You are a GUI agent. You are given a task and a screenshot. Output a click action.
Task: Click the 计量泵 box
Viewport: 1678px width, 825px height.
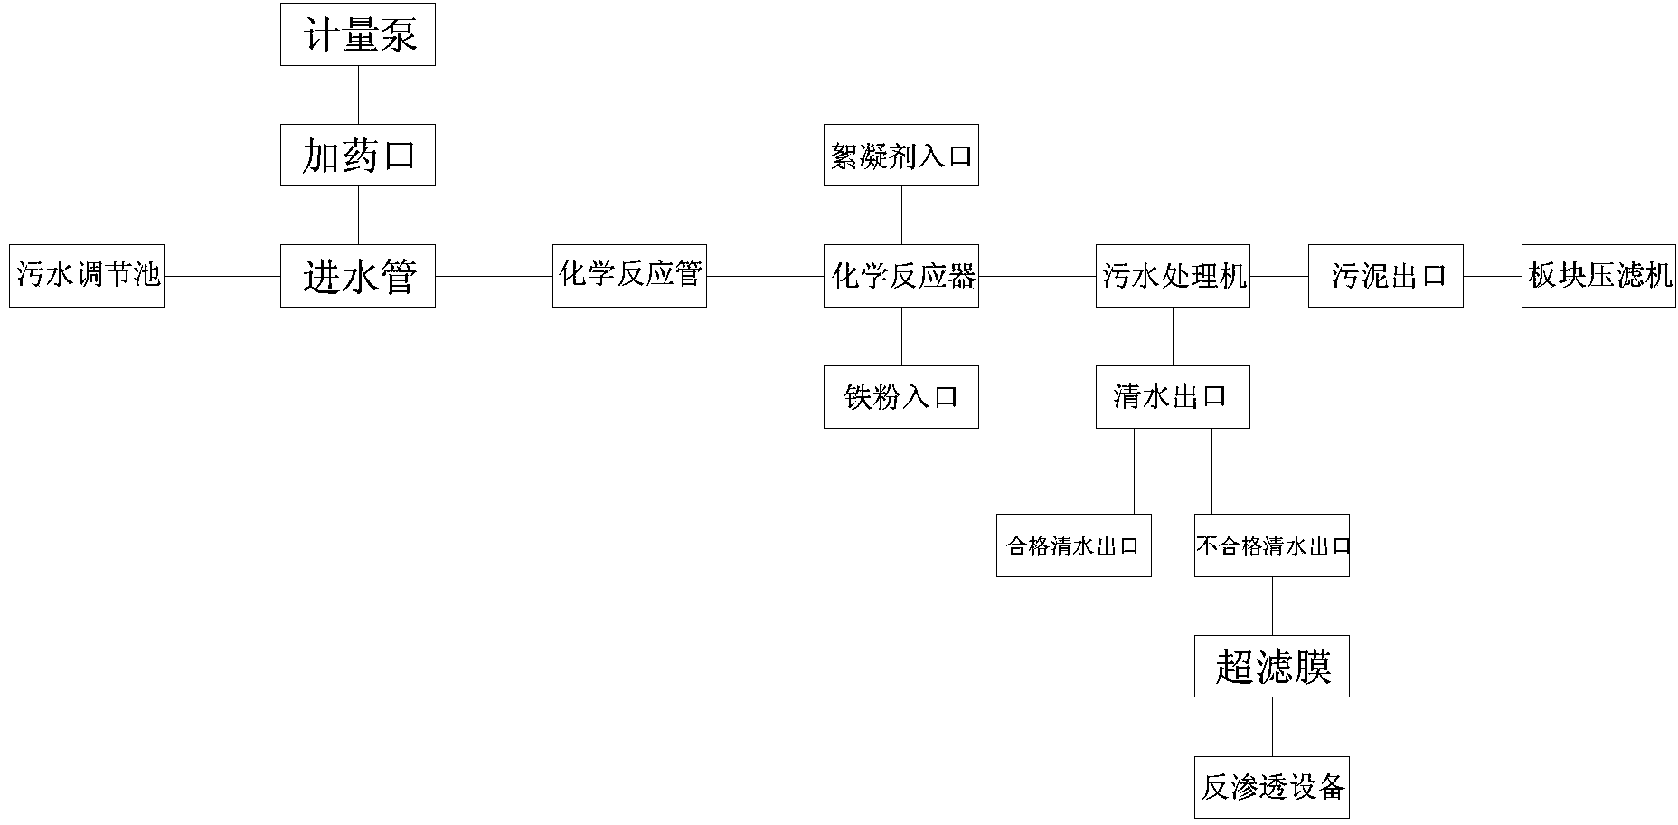tap(357, 34)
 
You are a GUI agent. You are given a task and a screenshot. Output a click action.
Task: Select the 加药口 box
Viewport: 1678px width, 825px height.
tap(357, 156)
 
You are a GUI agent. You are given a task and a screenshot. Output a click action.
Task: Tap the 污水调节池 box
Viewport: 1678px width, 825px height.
tap(87, 276)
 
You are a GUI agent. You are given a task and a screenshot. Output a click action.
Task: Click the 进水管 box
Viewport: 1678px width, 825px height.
tap(357, 276)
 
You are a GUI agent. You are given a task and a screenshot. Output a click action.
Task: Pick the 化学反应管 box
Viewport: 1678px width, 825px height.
tap(629, 276)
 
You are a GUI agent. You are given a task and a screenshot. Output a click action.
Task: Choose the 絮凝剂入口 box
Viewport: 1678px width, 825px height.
tap(900, 156)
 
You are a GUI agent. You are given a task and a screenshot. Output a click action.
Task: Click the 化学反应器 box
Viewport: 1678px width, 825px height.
tap(900, 276)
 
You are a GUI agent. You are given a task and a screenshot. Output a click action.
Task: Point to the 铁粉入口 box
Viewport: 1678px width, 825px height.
tap(900, 397)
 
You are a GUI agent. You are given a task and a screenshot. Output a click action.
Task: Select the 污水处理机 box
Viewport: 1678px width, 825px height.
tap(1173, 276)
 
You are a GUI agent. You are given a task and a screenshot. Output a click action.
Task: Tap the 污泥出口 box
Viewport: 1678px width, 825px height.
tap(1385, 276)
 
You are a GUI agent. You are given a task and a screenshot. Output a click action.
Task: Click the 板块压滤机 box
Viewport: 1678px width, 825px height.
tap(1598, 276)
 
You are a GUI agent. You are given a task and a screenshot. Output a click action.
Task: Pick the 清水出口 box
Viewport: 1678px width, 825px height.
tap(1173, 397)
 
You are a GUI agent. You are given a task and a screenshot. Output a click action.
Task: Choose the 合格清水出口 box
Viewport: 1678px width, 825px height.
tap(1073, 545)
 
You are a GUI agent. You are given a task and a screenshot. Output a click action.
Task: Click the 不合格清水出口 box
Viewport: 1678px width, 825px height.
tap(1271, 545)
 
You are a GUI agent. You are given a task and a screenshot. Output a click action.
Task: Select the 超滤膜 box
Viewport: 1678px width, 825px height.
tap(1271, 667)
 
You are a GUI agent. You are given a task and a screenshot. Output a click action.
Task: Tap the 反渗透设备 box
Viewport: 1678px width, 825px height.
tap(1271, 787)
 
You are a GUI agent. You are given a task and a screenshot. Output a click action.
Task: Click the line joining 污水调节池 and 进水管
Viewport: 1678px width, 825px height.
tap(222, 276)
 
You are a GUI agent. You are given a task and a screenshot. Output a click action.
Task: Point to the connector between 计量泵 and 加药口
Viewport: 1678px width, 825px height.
tap(358, 95)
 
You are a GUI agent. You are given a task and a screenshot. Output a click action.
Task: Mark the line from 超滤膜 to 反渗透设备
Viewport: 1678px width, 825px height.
tap(1272, 726)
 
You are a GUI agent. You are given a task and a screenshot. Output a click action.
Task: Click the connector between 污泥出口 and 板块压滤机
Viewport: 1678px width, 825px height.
tap(1492, 276)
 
